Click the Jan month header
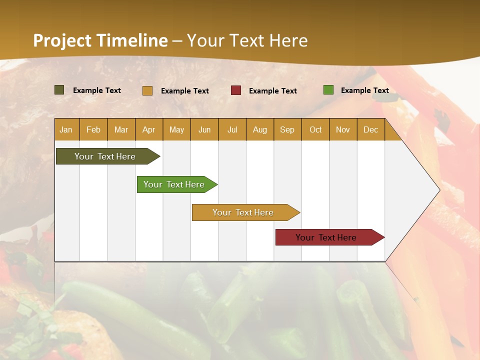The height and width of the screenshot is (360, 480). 66,129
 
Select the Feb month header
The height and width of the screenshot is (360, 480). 93,129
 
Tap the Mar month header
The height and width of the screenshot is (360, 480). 121,129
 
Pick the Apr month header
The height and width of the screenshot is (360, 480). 149,129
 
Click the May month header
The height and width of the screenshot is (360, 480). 176,129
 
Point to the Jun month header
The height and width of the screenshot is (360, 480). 204,129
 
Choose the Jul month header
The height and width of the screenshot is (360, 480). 232,129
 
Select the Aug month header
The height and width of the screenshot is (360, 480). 260,129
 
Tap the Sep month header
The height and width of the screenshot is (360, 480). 287,129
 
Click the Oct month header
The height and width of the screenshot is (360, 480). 315,129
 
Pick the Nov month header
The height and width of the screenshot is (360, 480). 343,129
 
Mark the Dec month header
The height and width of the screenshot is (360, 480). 370,129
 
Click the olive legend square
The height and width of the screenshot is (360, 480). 59,90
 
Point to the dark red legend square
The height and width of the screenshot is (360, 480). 236,90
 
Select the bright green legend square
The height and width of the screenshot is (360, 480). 328,90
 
